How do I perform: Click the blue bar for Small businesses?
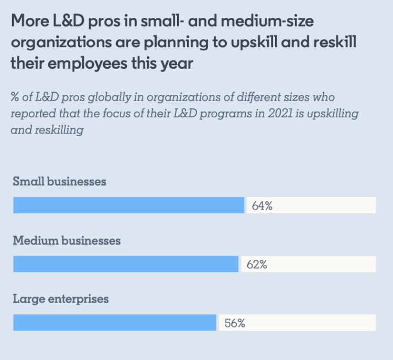pos(128,205)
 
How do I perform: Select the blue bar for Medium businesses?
pos(126,264)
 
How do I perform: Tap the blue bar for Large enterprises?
pos(114,322)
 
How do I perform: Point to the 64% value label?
pos(262,206)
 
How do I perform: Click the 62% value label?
pos(257,265)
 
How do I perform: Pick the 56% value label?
pos(235,323)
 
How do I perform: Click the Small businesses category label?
pos(59,182)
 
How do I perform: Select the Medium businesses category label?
pos(67,241)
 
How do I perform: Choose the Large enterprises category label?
pos(61,299)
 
